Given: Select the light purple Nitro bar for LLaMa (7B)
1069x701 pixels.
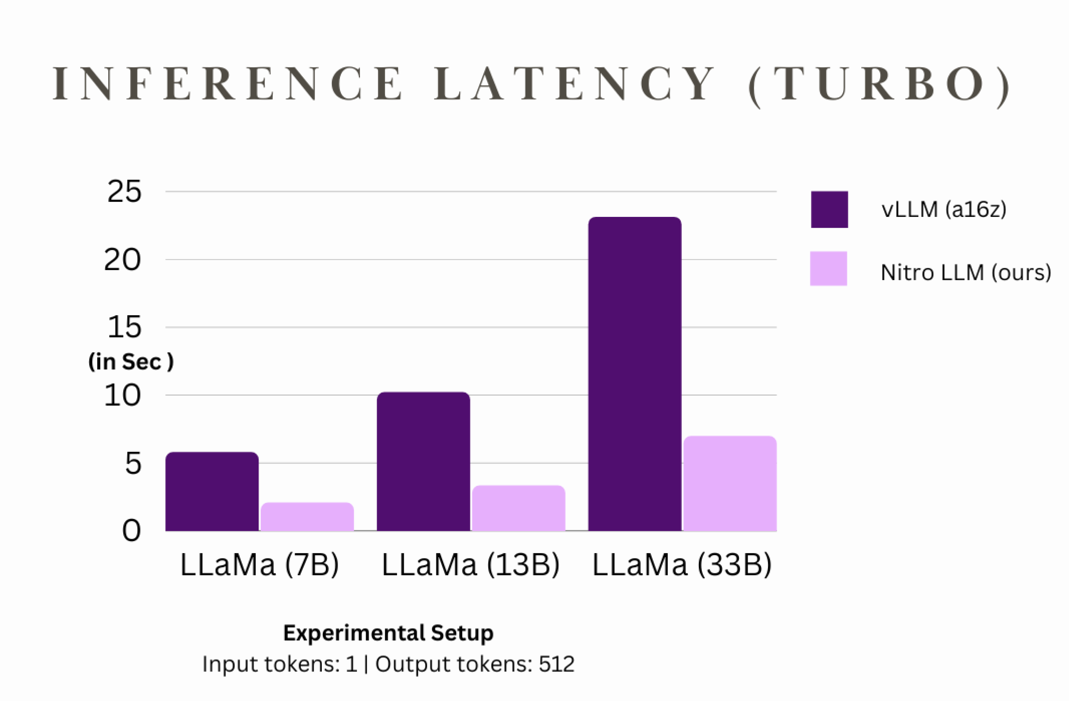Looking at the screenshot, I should coord(307,517).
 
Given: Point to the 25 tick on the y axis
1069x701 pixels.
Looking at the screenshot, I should coord(124,192).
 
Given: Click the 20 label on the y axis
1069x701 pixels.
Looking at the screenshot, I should coord(122,260).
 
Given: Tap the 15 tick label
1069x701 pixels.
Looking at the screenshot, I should coord(124,327).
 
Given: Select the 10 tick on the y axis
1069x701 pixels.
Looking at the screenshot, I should coord(122,396).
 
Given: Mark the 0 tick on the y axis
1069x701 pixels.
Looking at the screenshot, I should coord(131,531).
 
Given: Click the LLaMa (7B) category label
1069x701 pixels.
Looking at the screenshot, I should coord(260,565).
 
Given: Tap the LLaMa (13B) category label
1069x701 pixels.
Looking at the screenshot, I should coord(471,565).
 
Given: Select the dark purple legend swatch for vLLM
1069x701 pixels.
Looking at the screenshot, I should coord(829,210).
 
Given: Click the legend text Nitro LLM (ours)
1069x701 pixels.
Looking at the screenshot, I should coord(966,273).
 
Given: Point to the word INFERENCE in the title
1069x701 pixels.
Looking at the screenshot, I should coord(227,84).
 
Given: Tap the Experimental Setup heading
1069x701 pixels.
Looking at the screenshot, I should coord(388,633).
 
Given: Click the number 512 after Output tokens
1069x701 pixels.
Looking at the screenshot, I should coord(557,664).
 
